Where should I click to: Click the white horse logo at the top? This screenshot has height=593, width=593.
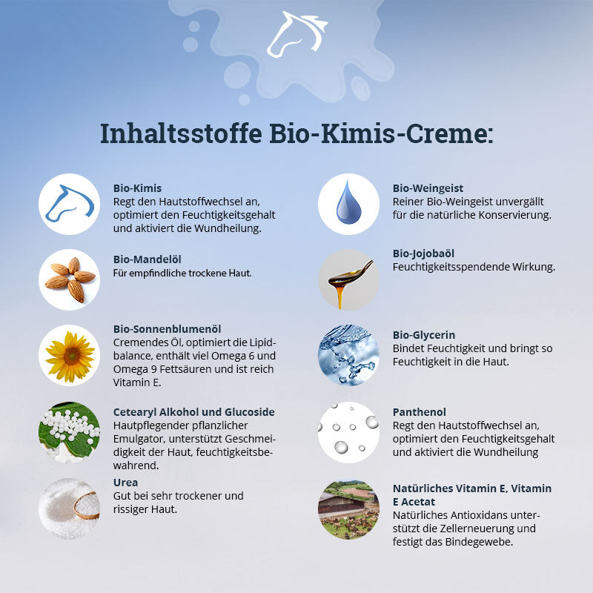point(296,35)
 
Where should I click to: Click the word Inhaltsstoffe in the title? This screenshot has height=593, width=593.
point(179,134)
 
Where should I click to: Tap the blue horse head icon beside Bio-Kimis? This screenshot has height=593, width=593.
point(69,204)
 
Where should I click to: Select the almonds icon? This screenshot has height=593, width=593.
point(69,279)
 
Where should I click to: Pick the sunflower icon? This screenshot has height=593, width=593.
point(69,355)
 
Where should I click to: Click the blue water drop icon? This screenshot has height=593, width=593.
point(348,204)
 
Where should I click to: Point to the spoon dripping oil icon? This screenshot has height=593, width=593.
point(348,279)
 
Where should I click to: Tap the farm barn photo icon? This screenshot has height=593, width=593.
point(348,508)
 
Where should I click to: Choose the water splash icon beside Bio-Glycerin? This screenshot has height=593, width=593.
point(348,355)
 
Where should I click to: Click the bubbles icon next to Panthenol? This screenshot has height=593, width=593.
point(348,432)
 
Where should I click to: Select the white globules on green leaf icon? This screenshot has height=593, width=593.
point(69,432)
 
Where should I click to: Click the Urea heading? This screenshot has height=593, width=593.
point(125,483)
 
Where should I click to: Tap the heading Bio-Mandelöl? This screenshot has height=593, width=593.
point(148,259)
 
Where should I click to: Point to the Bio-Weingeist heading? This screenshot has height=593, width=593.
point(428,188)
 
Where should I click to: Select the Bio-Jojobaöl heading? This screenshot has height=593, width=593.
point(424,254)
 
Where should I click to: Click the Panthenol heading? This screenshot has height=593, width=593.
point(420,412)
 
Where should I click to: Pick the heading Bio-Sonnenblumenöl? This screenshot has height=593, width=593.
point(168,329)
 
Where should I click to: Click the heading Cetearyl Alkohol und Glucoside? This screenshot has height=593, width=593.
point(194,412)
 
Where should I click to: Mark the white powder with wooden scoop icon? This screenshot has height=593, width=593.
point(69,508)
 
